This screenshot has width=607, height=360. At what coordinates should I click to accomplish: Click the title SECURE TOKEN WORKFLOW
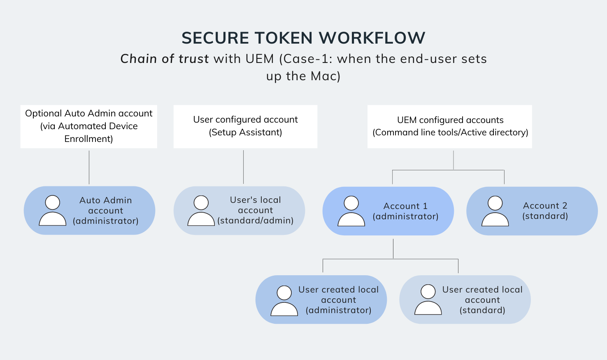303,38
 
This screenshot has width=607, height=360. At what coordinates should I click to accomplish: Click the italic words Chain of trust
165,59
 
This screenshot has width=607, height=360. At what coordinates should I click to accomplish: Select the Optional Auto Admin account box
88,126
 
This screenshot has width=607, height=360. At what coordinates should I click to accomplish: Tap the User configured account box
245,126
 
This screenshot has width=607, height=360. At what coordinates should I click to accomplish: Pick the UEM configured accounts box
450,126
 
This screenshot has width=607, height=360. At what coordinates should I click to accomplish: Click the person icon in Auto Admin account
53,211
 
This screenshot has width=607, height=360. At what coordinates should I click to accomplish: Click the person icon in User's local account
201,211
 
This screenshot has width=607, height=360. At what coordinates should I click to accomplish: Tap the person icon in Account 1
351,211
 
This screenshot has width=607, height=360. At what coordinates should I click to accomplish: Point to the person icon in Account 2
495,211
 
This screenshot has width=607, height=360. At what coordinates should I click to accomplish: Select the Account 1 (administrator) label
405,211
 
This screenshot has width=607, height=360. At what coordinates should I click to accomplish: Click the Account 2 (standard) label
545,211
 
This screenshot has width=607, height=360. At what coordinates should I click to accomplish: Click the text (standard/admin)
256,221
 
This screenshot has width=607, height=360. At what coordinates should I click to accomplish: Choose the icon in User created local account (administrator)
284,301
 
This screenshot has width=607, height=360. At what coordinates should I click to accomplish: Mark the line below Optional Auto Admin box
89,167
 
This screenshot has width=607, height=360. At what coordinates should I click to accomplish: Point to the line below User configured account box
244,167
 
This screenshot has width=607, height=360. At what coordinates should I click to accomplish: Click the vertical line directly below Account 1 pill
393,248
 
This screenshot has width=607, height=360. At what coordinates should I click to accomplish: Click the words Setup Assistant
245,132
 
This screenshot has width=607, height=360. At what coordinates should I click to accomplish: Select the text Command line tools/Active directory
450,132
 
